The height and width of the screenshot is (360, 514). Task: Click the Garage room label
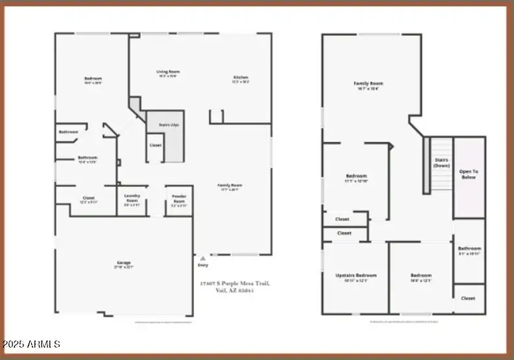[x=124, y=263]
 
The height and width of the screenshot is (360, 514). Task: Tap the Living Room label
[x=168, y=71]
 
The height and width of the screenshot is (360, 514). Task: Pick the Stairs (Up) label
[x=162, y=123]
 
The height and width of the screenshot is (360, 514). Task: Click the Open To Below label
[x=469, y=174]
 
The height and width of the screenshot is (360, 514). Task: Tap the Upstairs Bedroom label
[x=356, y=276]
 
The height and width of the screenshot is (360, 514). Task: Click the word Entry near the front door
[x=203, y=265]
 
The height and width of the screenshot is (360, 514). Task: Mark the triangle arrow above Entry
[x=203, y=258]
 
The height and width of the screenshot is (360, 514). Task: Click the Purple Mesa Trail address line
[x=235, y=283]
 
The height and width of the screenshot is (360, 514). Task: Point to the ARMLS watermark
[x=31, y=344]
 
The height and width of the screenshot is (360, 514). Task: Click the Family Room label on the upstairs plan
[x=368, y=83]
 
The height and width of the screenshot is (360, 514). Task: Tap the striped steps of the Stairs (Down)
[x=427, y=166]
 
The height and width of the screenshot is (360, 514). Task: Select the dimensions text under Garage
[x=124, y=267]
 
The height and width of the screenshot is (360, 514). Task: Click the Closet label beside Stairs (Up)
[x=155, y=145]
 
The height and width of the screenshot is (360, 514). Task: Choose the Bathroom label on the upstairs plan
[x=469, y=248]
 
